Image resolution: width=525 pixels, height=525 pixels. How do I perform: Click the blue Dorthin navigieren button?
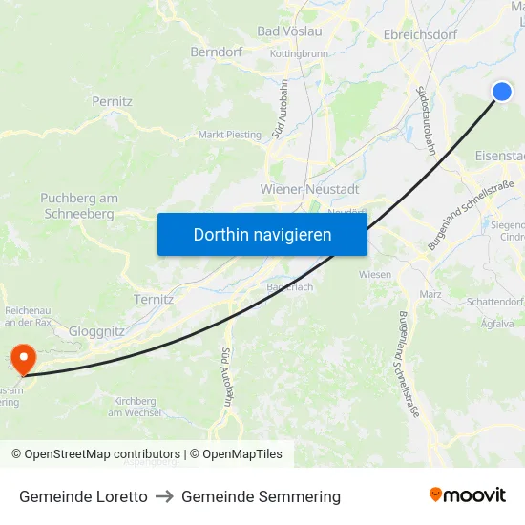(x=262, y=234)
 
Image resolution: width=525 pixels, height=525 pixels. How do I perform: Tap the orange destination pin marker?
(x=21, y=359)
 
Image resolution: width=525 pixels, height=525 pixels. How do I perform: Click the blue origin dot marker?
(x=502, y=91)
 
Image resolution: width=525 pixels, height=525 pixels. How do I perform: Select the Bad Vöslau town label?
(x=289, y=31)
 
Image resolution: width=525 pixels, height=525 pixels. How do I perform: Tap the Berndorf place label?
(x=218, y=52)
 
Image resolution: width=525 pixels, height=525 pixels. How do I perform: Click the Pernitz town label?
(x=112, y=100)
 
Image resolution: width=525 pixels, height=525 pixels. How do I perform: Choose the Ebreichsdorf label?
(x=419, y=34)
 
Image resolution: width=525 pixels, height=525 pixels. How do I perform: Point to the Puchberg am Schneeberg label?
(x=79, y=206)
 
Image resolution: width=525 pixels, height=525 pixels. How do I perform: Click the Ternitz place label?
(x=154, y=299)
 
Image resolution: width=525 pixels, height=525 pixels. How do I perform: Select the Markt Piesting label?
(x=229, y=135)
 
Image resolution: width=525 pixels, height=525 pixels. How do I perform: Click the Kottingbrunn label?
(x=300, y=54)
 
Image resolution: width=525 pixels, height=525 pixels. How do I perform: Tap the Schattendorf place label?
(x=494, y=301)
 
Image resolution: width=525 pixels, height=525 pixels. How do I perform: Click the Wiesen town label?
(x=375, y=274)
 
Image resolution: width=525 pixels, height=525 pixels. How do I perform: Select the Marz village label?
(x=430, y=294)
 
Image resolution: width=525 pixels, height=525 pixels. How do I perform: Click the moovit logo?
(x=468, y=495)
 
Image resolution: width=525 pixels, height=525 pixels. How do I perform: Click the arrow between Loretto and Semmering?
(x=164, y=496)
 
